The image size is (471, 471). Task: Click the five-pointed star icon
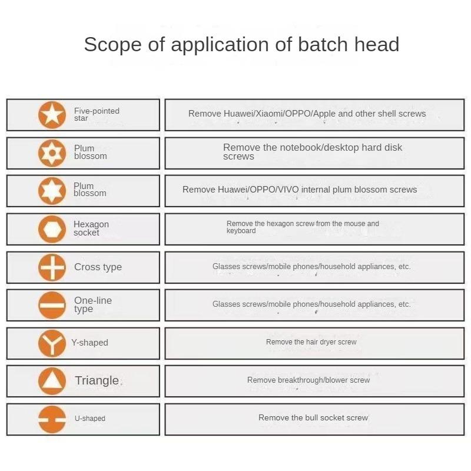pyautogui.click(x=52, y=115)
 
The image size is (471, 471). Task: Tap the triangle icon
pyautogui.click(x=52, y=381)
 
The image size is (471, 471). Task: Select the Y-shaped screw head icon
pyautogui.click(x=52, y=343)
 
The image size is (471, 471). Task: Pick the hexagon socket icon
pyautogui.click(x=52, y=229)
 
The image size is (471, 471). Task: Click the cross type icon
pyautogui.click(x=52, y=267)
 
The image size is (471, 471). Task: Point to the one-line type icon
pyautogui.click(x=52, y=305)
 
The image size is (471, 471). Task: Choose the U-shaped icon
pyautogui.click(x=52, y=419)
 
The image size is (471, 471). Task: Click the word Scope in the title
pyautogui.click(x=112, y=45)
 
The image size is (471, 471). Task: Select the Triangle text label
pyautogui.click(x=97, y=380)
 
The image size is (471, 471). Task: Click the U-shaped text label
pyautogui.click(x=90, y=419)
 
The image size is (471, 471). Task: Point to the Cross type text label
pyautogui.click(x=98, y=267)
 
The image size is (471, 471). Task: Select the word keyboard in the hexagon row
pyautogui.click(x=241, y=231)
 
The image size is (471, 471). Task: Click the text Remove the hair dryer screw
pyautogui.click(x=311, y=342)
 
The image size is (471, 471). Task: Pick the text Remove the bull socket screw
pyautogui.click(x=313, y=417)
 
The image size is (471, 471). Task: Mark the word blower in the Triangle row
pyautogui.click(x=334, y=380)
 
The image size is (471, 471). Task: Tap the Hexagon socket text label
pyautogui.click(x=91, y=228)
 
